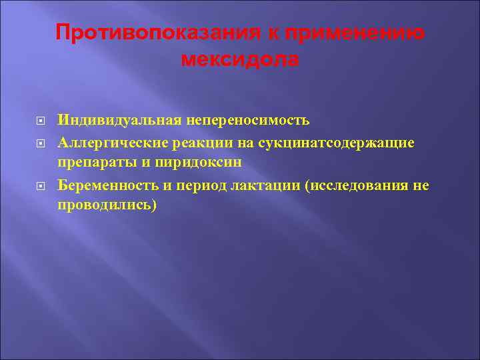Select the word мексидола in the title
(x=240, y=59)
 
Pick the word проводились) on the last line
(x=107, y=205)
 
